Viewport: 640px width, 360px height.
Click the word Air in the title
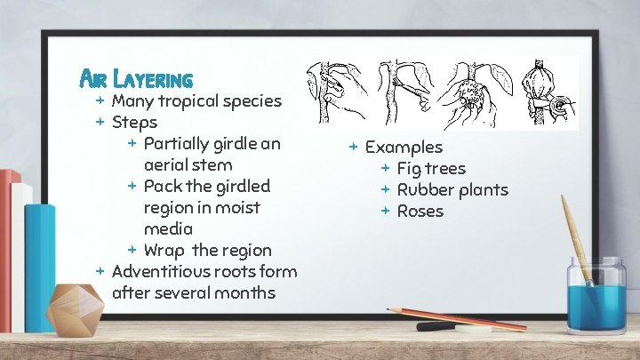coord(93,79)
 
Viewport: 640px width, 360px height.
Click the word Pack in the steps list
coord(163,186)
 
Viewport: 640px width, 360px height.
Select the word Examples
coord(404,147)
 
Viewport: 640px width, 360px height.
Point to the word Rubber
coord(424,189)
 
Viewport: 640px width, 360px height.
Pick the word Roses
coord(420,211)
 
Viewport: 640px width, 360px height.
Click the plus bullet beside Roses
coord(386,211)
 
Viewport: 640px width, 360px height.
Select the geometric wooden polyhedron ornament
coord(76,308)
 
